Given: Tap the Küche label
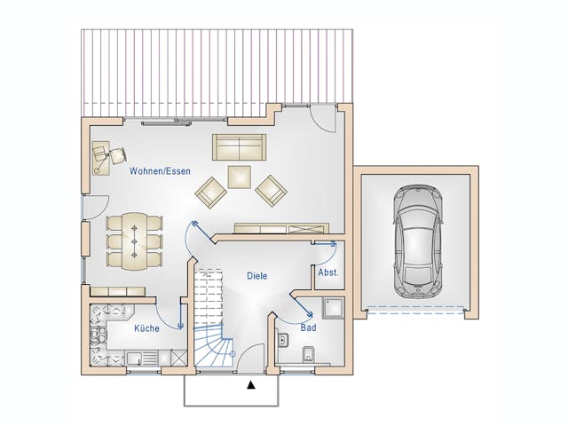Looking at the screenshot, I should click(x=146, y=328).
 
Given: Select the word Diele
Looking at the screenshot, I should click(x=257, y=276).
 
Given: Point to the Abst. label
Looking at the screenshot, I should click(x=327, y=272).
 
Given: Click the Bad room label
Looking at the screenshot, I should click(x=308, y=327).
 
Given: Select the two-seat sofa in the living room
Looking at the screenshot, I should click(x=239, y=146).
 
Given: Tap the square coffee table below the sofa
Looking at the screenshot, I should click(x=240, y=177).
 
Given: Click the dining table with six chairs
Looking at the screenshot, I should click(x=135, y=240).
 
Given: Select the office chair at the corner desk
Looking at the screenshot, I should click(x=115, y=156).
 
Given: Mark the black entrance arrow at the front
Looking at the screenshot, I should click(x=251, y=385).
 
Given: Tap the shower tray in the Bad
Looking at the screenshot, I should click(x=334, y=310).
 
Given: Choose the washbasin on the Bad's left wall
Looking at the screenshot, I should click(x=281, y=340).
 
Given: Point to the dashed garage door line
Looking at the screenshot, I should click(x=416, y=310).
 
